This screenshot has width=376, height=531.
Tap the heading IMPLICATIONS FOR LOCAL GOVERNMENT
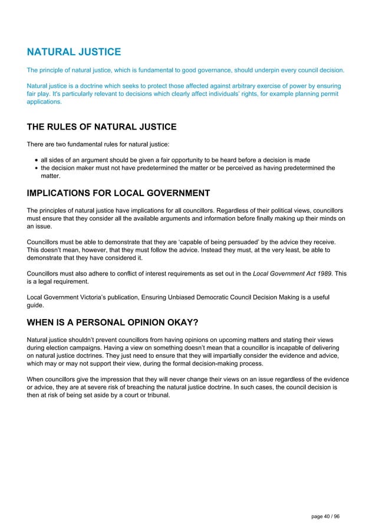(118, 193)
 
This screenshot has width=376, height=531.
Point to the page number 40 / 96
(325, 516)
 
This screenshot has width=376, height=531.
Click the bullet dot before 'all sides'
(37, 160)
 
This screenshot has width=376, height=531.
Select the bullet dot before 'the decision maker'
(37, 168)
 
